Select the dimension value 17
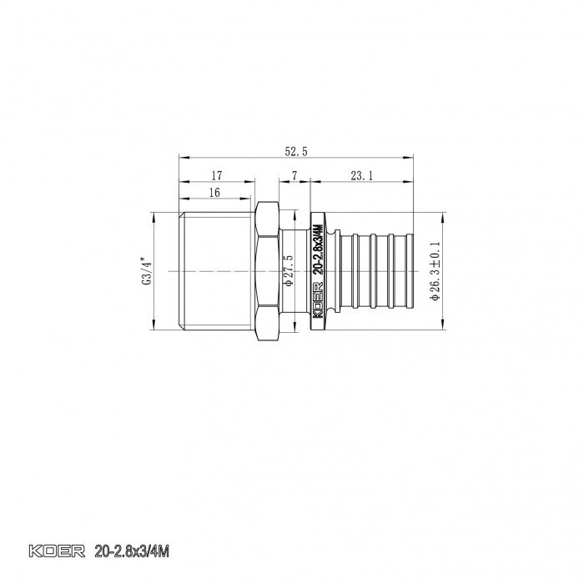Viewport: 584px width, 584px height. [x=216, y=175]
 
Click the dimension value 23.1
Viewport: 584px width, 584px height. [x=361, y=175]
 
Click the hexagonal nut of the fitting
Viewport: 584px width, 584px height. [x=266, y=271]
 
